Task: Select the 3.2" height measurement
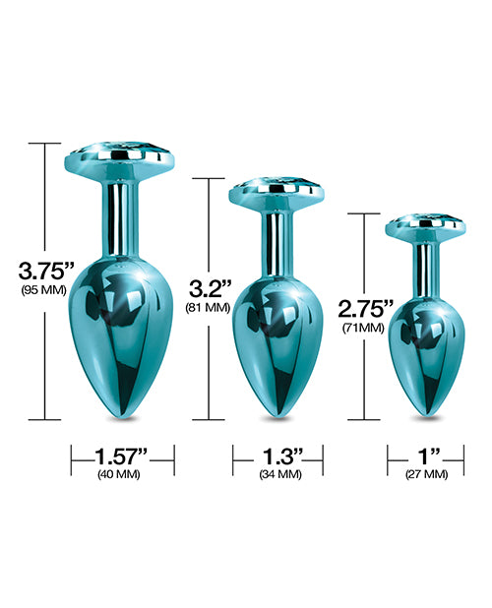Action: pyautogui.click(x=209, y=289)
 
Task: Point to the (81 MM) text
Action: pyautogui.click(x=209, y=308)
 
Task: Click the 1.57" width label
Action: pyautogui.click(x=123, y=456)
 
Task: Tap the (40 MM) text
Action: pyautogui.click(x=123, y=474)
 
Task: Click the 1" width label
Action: pyautogui.click(x=426, y=456)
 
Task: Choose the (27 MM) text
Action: pyautogui.click(x=426, y=474)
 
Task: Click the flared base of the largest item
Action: pyautogui.click(x=125, y=161)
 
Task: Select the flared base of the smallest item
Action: pyautogui.click(x=425, y=227)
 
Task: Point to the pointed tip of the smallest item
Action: pyautogui.click(x=425, y=412)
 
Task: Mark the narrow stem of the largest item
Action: pyautogui.click(x=125, y=212)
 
